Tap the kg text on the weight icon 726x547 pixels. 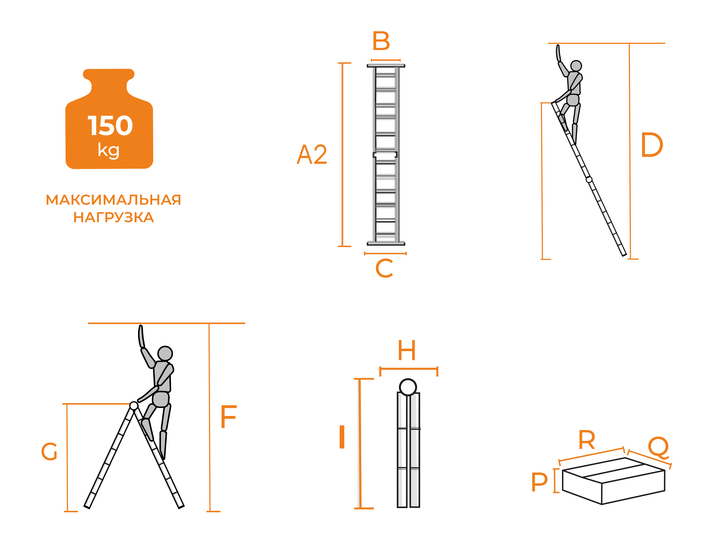(109, 151)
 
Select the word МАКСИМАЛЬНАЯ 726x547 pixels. (113, 200)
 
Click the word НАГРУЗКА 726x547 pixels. (114, 217)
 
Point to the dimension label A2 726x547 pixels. (312, 154)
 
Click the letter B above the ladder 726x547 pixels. (381, 41)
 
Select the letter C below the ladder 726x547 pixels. (384, 268)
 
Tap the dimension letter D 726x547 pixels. (652, 144)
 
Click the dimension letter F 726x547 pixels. (228, 417)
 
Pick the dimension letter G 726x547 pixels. (49, 452)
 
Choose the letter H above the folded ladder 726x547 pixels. (407, 350)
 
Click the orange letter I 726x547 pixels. (342, 437)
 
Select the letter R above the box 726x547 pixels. (586, 440)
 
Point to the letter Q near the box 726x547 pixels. (658, 447)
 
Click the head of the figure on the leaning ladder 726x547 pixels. (576, 66)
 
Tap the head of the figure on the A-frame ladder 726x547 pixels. (165, 353)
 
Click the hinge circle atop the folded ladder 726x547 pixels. (408, 387)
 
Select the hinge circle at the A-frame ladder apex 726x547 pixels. (134, 406)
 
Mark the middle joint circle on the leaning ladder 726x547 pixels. (589, 179)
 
